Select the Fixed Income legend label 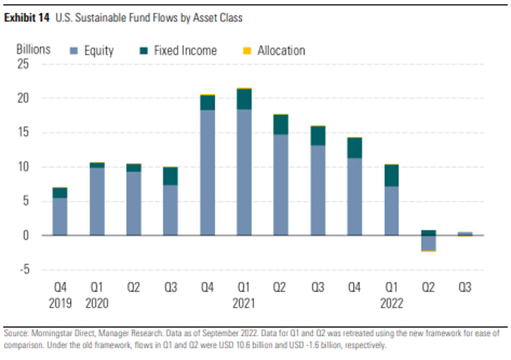tap(185, 51)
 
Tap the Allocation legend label tap(281, 51)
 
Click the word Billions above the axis tap(33, 49)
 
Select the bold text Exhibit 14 tap(26, 18)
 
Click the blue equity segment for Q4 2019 tap(60, 216)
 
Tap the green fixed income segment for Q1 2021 tap(244, 99)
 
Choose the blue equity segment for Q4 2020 tap(207, 172)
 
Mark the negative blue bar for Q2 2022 tap(428, 243)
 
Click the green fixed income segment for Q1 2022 tap(392, 176)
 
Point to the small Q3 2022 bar tap(465, 234)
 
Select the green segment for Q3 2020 tap(170, 176)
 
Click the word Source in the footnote tap(15, 333)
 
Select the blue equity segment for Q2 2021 tap(281, 184)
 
